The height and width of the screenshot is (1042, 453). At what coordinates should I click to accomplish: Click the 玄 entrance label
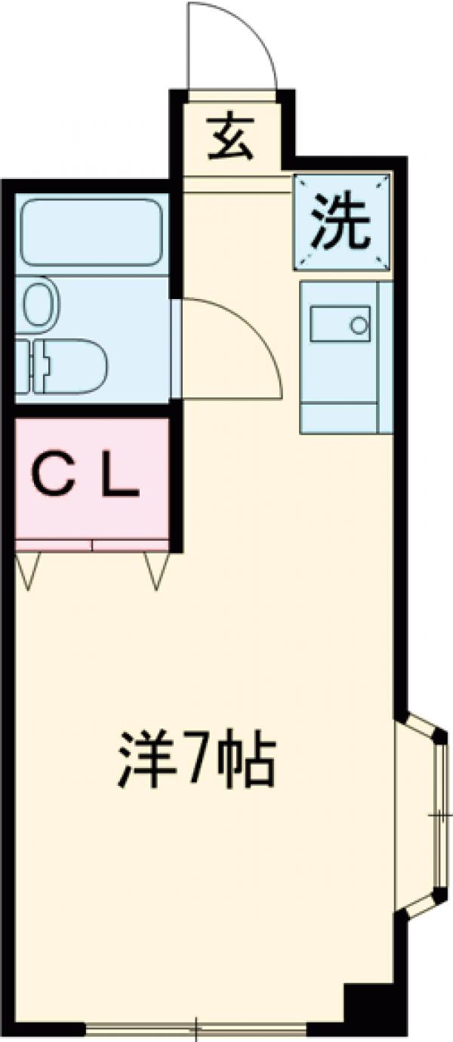(x=230, y=137)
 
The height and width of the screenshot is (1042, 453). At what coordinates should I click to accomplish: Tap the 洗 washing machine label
(x=343, y=220)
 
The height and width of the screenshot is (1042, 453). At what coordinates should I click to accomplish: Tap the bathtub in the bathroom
(x=91, y=232)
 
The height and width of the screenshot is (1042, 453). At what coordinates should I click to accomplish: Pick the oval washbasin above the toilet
(x=39, y=304)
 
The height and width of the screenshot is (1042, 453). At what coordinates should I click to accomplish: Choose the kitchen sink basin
(x=340, y=324)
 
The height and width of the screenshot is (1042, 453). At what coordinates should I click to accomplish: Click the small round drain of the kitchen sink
(x=359, y=325)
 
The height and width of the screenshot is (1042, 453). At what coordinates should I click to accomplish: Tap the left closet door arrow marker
(x=28, y=571)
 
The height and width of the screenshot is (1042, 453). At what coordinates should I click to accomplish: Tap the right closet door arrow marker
(x=156, y=571)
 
